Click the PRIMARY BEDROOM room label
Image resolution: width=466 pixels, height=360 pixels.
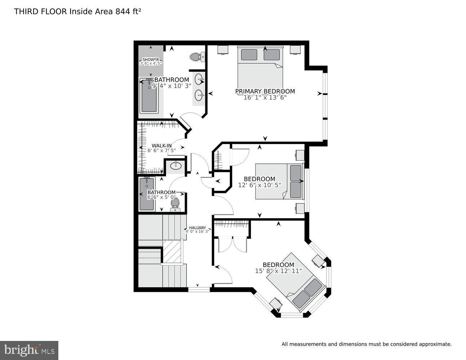click(265, 91)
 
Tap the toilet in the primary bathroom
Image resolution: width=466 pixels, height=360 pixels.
click(197, 57)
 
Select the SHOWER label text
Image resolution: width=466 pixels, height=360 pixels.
click(151, 59)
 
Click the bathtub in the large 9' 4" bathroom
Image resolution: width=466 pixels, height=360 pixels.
click(149, 96)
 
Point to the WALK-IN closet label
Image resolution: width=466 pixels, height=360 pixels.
click(162, 146)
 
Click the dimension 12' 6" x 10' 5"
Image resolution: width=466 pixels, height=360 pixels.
click(260, 185)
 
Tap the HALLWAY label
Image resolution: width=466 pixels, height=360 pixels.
click(197, 228)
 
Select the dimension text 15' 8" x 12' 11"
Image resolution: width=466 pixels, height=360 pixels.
click(279, 271)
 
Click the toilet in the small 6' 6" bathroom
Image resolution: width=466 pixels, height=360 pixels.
click(175, 204)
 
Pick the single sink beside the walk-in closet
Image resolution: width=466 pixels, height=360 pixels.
click(176, 166)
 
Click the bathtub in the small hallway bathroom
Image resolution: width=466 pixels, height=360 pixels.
click(147, 194)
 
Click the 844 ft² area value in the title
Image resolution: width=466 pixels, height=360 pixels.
click(128, 12)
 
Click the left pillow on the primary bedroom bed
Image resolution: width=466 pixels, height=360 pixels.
click(249, 55)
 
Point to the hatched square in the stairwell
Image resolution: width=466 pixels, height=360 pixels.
click(172, 251)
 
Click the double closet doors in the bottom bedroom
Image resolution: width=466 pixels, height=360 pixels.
click(233, 244)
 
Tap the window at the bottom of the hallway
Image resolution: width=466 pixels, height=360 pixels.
click(199, 289)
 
